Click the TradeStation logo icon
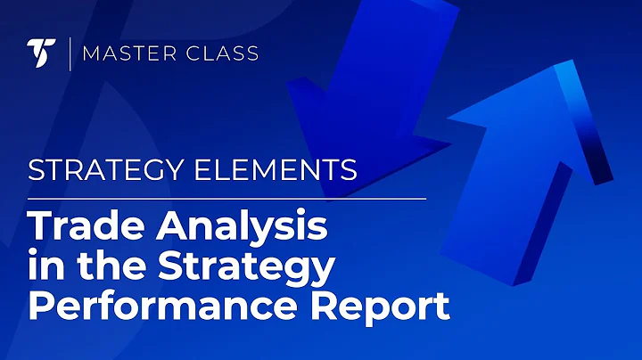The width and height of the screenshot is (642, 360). click(41, 54)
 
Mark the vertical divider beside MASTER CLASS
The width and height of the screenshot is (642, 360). click(70, 54)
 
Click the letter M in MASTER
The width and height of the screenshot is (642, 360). click(88, 54)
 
